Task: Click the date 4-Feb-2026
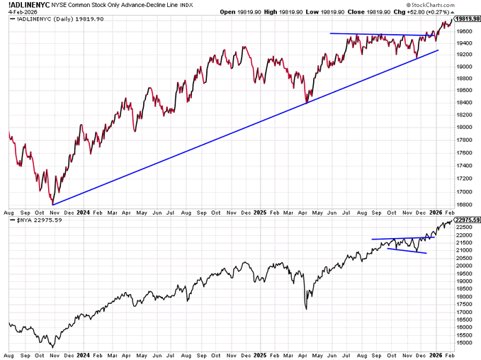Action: pos(19,12)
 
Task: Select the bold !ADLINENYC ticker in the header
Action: pos(28,4)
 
